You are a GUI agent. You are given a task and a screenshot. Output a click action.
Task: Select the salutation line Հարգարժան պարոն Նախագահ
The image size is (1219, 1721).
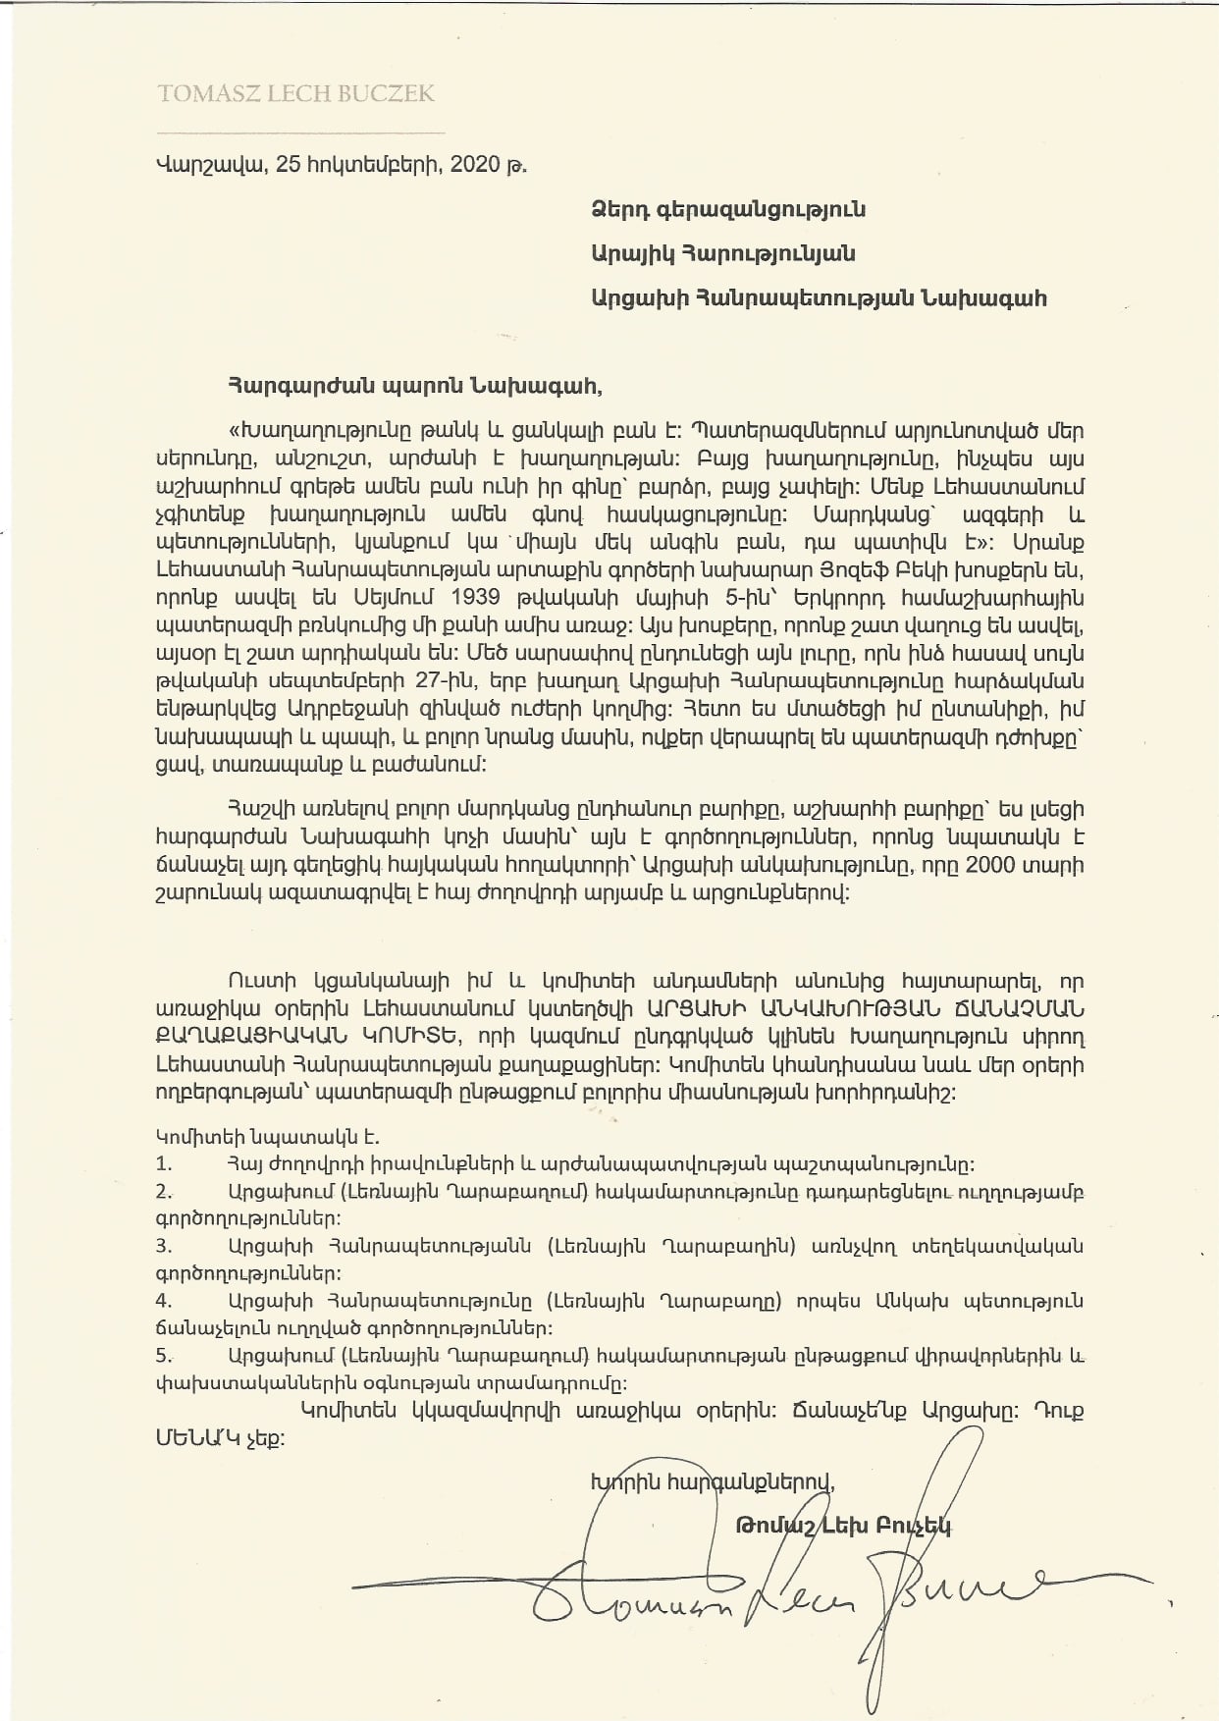413,386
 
